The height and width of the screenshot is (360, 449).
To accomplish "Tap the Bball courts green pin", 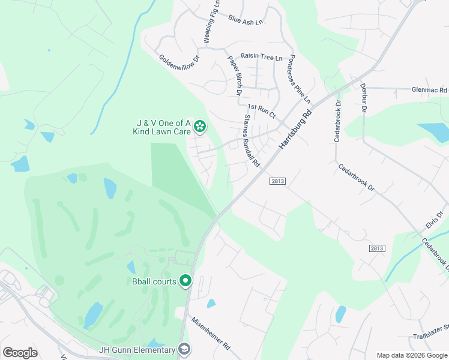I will (186, 280).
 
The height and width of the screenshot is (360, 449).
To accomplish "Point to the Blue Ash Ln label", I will (246, 22).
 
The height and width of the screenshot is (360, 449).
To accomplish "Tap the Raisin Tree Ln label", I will (261, 57).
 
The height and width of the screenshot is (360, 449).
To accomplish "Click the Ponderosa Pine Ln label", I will (300, 79).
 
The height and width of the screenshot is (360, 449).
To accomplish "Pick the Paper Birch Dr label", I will (234, 75).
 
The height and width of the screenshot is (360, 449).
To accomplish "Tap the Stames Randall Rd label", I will (251, 141).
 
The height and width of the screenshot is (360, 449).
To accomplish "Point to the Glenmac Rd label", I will (430, 90).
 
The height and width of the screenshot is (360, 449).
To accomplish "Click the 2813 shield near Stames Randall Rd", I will (277, 181).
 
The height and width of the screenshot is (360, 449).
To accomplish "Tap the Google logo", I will (20, 353).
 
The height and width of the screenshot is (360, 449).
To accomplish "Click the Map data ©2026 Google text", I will (411, 355).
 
